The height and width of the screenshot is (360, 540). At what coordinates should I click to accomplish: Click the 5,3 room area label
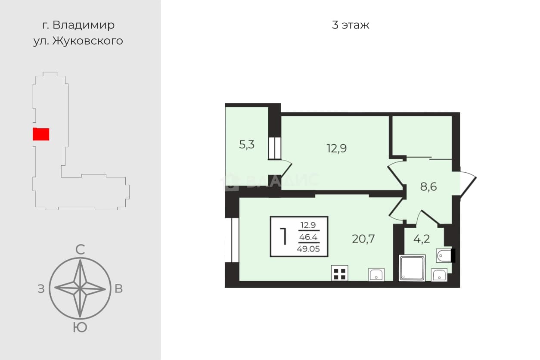tap(247, 145)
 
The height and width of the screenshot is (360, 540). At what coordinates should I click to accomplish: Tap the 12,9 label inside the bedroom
tap(337, 148)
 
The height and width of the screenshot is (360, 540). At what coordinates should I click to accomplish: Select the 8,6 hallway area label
tap(428, 186)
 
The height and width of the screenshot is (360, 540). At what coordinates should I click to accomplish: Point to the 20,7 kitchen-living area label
tap(363, 239)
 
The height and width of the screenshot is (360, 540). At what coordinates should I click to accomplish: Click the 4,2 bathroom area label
tap(422, 239)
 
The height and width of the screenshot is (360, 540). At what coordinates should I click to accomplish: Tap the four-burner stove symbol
tap(339, 273)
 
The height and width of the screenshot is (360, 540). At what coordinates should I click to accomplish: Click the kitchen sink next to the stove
tap(376, 275)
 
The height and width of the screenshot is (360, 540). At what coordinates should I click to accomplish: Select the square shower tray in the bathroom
tap(412, 268)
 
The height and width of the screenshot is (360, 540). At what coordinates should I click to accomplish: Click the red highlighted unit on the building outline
tap(41, 134)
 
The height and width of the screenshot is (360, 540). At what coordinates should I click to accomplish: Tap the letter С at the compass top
tap(80, 250)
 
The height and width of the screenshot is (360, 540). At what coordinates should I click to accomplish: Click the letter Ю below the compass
tap(80, 327)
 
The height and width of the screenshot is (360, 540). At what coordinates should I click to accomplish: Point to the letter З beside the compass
tap(41, 289)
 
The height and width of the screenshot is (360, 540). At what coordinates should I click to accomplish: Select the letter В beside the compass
tap(118, 289)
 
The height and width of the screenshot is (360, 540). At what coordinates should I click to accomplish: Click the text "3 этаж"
tap(351, 25)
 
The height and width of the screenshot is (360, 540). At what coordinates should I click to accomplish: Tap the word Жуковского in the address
tap(88, 41)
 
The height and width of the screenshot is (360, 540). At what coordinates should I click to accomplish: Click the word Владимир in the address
tap(84, 25)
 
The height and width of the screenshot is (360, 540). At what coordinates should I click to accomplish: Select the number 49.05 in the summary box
tap(308, 248)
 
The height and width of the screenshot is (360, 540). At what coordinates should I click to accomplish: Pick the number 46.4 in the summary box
tap(308, 237)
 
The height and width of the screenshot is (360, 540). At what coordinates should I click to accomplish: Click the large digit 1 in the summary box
tap(283, 236)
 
